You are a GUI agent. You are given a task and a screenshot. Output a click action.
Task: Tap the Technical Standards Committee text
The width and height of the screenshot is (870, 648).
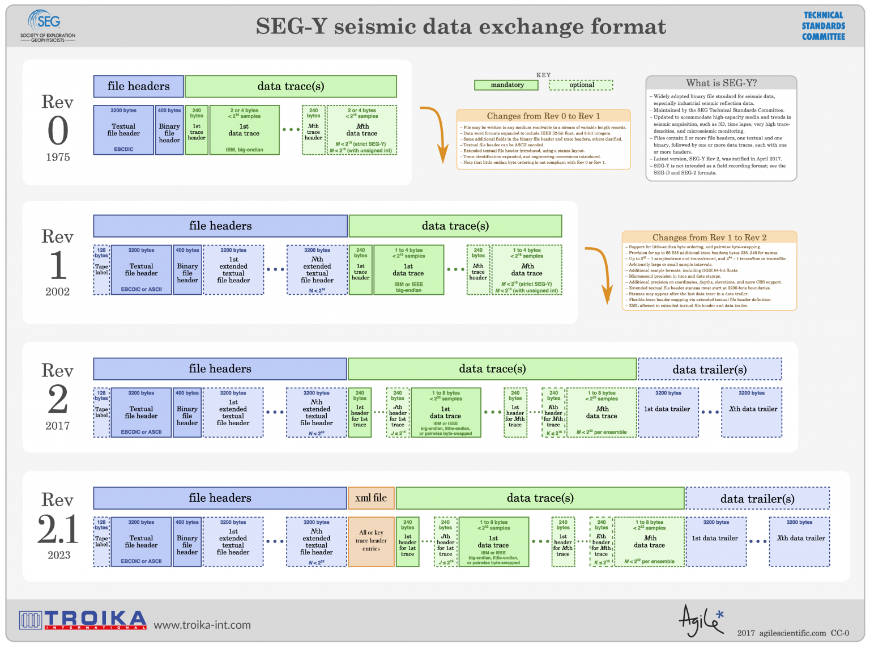(x=823, y=26)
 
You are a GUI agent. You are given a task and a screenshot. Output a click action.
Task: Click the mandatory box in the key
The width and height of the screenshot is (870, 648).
(x=507, y=85)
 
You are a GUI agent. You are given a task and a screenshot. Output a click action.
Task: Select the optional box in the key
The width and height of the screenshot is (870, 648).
(x=581, y=85)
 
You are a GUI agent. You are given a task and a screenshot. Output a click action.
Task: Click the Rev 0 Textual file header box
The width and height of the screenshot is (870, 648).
(x=123, y=130)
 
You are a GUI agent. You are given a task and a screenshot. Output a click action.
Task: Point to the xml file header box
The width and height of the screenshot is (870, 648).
(x=371, y=498)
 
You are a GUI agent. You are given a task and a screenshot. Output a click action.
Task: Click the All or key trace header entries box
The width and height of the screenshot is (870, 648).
(x=371, y=541)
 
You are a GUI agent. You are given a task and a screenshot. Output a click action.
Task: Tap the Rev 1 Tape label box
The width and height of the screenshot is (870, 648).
(x=101, y=270)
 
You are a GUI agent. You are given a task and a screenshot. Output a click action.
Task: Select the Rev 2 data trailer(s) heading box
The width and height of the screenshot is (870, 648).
(x=709, y=369)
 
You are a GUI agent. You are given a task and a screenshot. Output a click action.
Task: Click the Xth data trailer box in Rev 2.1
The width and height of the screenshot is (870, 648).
(x=800, y=541)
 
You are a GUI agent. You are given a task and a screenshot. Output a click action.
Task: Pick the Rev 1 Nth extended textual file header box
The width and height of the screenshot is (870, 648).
(x=317, y=270)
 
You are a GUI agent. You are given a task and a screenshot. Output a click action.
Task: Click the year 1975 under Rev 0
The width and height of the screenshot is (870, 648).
(x=58, y=157)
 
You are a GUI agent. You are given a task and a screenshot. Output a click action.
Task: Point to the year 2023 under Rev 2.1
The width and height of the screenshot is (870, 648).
(x=58, y=555)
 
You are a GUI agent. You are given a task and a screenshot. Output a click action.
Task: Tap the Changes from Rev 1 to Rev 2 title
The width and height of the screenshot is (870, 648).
(x=709, y=238)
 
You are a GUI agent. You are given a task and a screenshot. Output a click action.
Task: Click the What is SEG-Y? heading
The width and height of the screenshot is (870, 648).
(x=721, y=83)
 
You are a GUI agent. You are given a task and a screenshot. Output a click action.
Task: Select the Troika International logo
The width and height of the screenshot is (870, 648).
(x=83, y=620)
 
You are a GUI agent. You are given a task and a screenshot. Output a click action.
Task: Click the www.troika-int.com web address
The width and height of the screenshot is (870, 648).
(x=202, y=625)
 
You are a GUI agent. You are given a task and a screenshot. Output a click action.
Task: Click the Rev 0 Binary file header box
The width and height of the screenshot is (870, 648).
(x=169, y=130)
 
